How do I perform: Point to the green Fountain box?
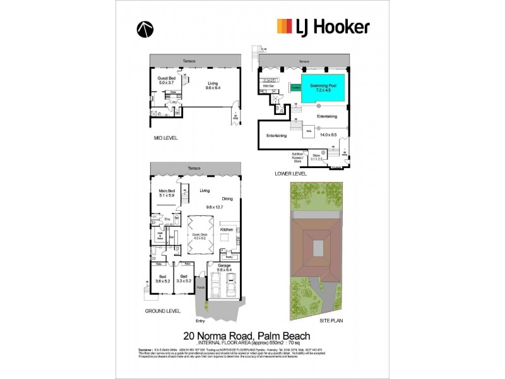click(295, 88)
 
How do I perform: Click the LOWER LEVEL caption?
click(292, 173)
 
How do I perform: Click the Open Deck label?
click(200, 236)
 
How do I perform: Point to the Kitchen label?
click(227, 229)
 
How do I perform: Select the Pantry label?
click(230, 257)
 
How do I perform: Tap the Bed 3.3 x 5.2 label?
click(184, 279)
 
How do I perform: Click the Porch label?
click(201, 288)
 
